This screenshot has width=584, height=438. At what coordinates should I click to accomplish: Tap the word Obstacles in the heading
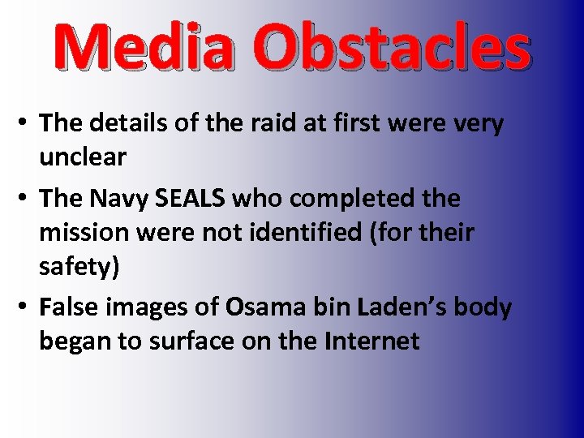[x=396, y=48]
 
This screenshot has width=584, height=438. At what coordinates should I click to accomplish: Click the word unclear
[x=83, y=157]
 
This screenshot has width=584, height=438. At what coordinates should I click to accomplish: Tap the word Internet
[x=371, y=341]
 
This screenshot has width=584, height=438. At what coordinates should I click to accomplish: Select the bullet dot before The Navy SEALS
[x=25, y=199]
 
